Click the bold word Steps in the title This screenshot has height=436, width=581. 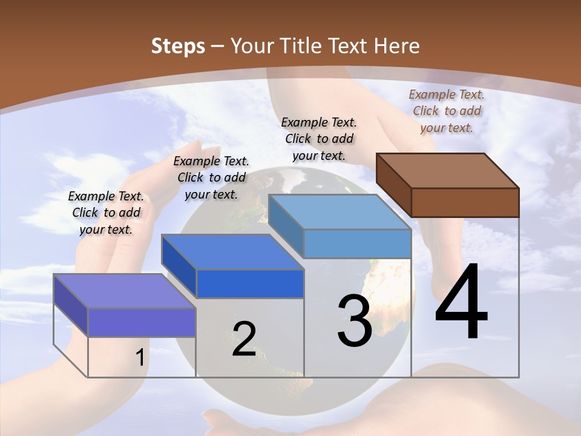coord(178,46)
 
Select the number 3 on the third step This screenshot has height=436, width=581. coord(355,321)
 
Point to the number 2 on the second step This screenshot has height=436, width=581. coord(244,339)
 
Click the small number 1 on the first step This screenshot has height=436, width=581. coord(140,358)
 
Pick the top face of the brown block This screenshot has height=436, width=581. coord(448,170)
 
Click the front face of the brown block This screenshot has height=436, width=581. coord(465,202)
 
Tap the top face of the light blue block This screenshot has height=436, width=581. coord(340,212)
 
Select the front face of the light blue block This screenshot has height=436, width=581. coord(357,243)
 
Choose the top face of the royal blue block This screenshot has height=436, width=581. coord(232,251)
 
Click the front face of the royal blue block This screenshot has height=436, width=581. coord(250,283)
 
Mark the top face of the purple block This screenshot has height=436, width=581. coord(125,291)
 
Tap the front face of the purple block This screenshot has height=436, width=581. coord(142,322)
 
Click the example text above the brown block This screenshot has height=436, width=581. coord(447,111)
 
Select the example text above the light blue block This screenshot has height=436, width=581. coord(319,139)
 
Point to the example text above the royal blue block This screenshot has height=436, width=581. coord(211,177)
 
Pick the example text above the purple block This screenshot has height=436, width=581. coord(106,213)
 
